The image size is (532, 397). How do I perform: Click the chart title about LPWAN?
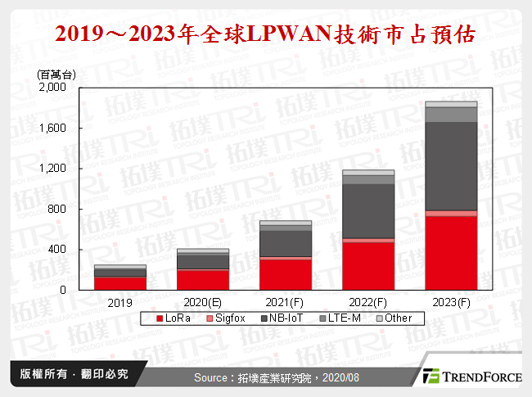pyautogui.click(x=265, y=35)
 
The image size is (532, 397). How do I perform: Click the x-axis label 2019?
pyautogui.click(x=120, y=302)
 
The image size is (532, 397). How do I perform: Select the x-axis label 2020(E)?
pyautogui.click(x=203, y=302)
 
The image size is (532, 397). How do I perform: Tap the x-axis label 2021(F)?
pyautogui.click(x=286, y=302)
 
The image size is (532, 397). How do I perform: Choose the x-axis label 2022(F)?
pyautogui.click(x=368, y=302)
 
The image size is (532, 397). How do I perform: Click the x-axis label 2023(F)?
pyautogui.click(x=451, y=302)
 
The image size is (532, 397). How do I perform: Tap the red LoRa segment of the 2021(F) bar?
pyautogui.click(x=286, y=273)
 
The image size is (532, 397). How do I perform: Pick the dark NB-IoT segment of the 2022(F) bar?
pyautogui.click(x=368, y=210)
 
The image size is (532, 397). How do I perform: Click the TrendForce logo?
pyautogui.click(x=471, y=377)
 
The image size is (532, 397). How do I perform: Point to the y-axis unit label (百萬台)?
pyautogui.click(x=56, y=74)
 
